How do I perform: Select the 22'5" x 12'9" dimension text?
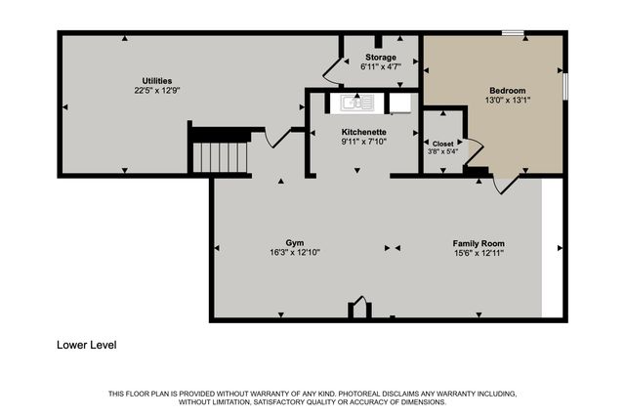click(x=157, y=90)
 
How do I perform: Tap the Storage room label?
click(x=380, y=58)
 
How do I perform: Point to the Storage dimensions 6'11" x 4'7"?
click(x=380, y=67)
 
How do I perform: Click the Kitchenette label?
click(x=363, y=132)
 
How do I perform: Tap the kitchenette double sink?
click(x=357, y=102)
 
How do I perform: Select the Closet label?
click(x=443, y=142)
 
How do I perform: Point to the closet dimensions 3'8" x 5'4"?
click(x=443, y=151)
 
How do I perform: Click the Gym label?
click(x=295, y=242)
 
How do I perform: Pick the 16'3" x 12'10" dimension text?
click(x=295, y=252)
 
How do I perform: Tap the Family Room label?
click(x=478, y=242)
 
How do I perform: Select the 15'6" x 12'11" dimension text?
click(x=478, y=252)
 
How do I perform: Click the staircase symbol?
click(x=222, y=154)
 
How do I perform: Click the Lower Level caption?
click(x=89, y=345)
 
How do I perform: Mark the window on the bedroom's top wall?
click(x=512, y=35)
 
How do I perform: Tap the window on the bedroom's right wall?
click(x=563, y=86)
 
